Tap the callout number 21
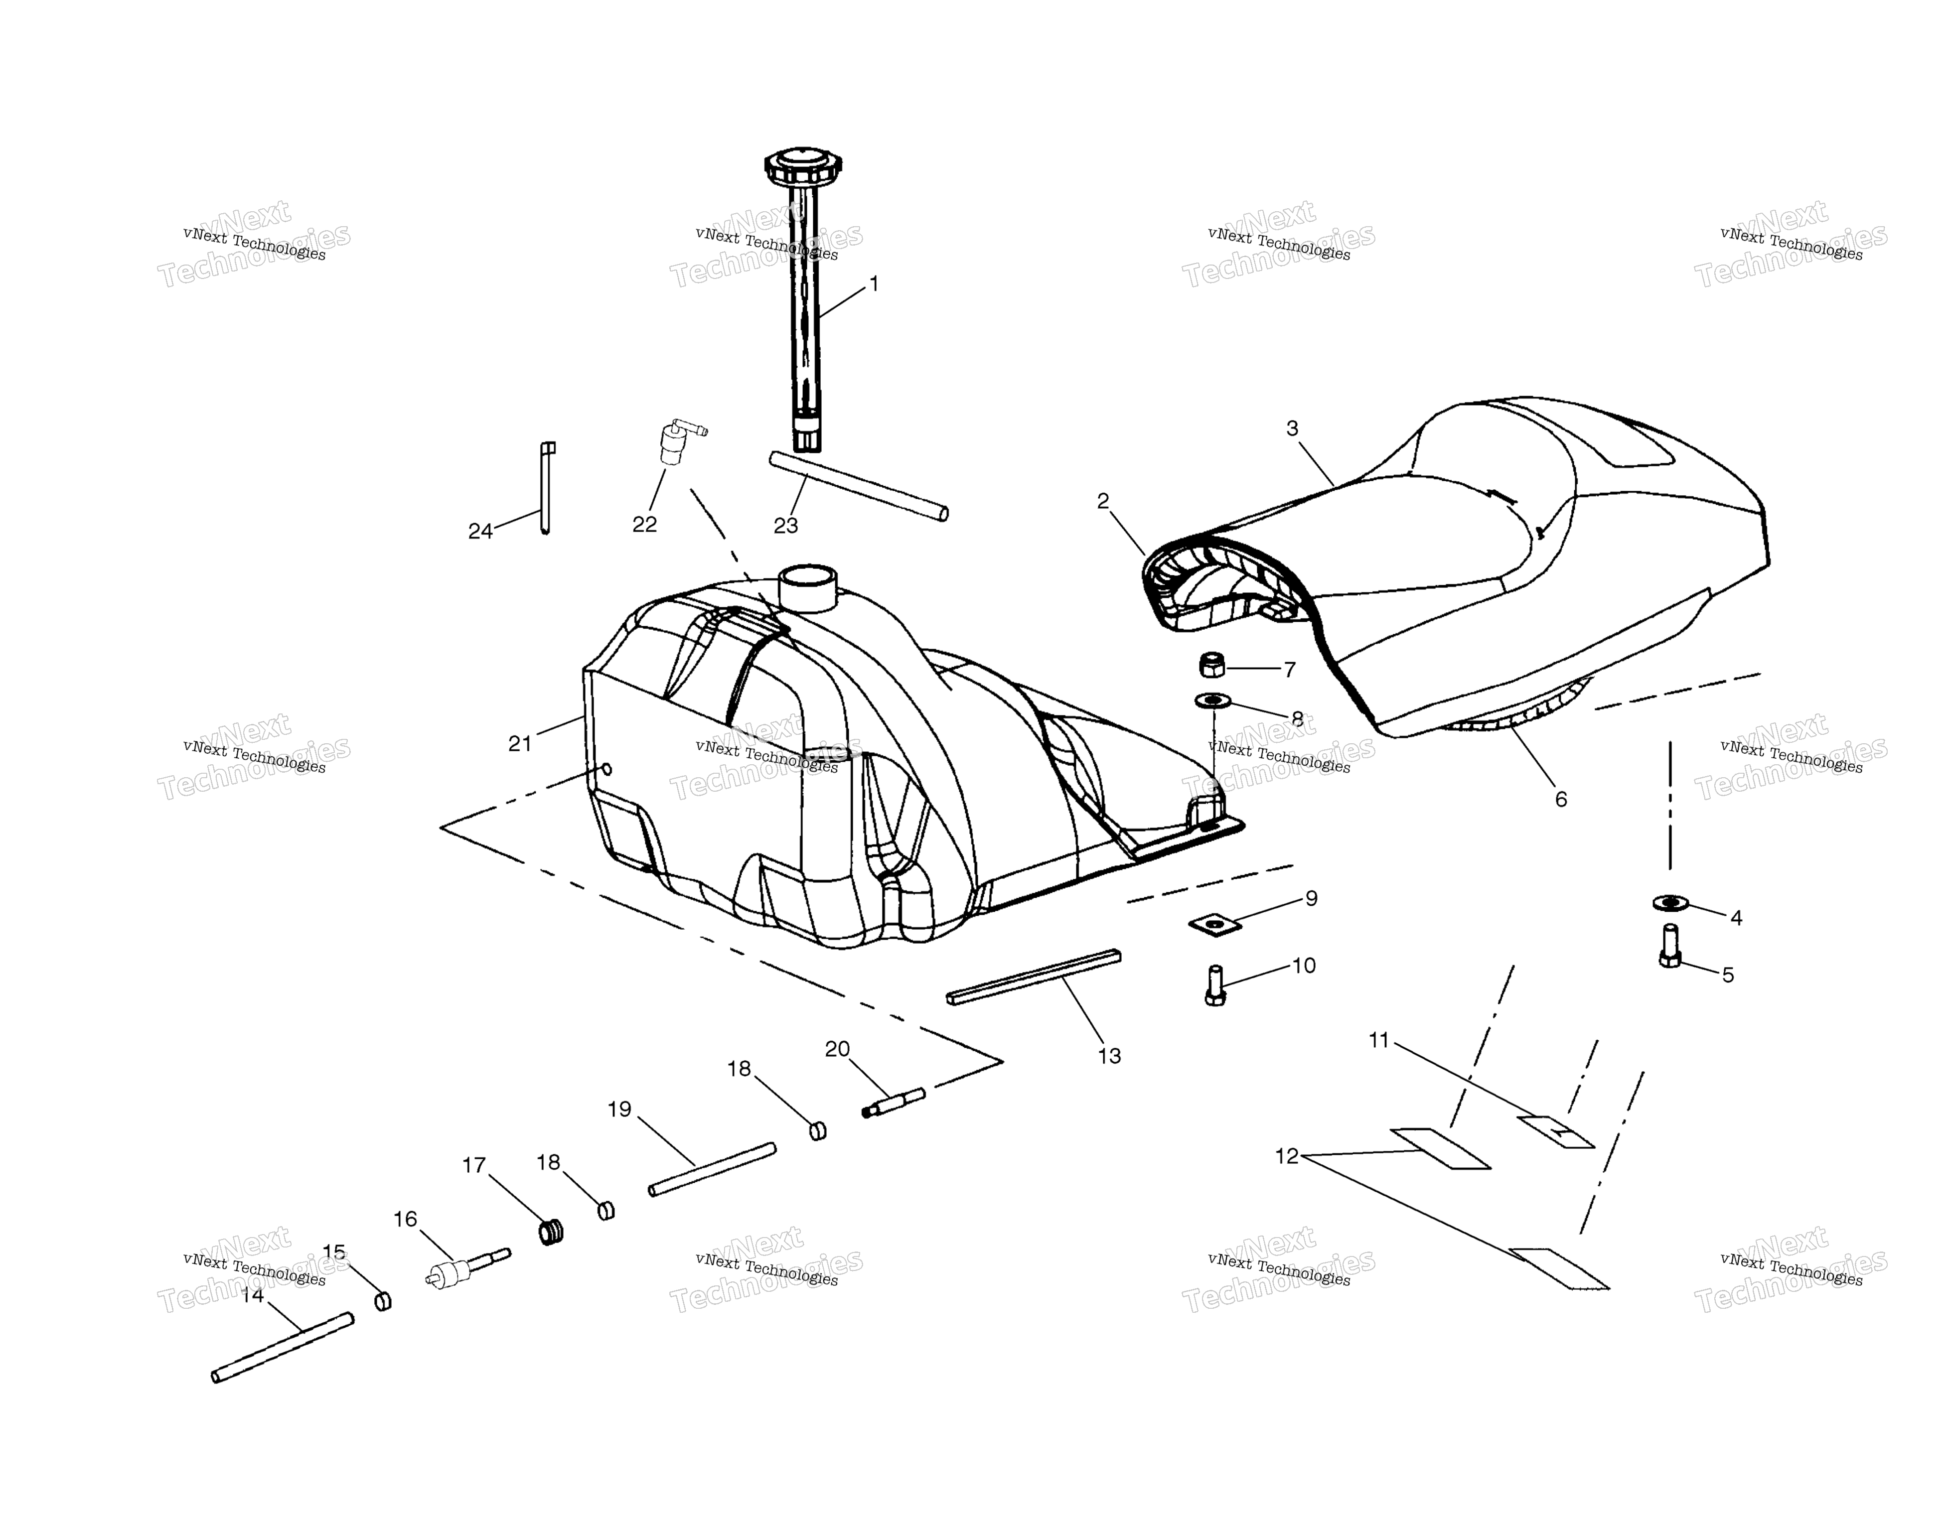[520, 743]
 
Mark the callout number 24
[480, 532]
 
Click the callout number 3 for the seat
[1292, 428]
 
